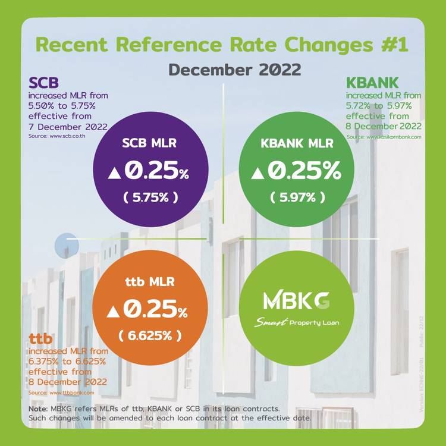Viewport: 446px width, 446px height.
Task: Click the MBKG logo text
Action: pos(296,301)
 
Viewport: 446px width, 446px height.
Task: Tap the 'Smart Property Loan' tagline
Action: pos(297,323)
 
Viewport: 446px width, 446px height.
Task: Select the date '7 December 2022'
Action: pos(68,127)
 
